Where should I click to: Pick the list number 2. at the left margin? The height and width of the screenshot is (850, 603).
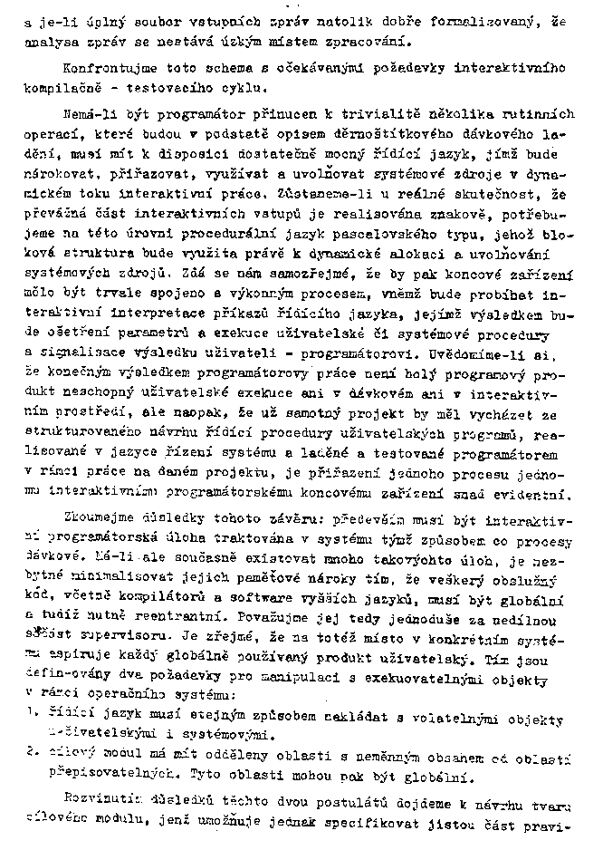(31, 750)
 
